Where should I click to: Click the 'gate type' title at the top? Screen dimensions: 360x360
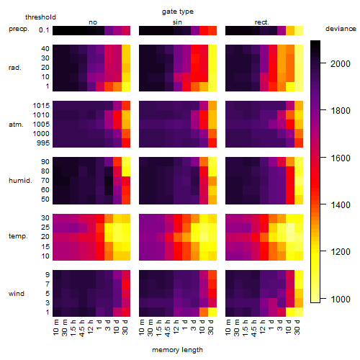click(x=178, y=12)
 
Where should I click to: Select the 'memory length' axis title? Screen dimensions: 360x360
click(x=177, y=350)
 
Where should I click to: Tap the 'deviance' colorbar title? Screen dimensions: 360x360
click(x=341, y=29)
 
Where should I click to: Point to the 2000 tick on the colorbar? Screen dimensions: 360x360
click(x=341, y=64)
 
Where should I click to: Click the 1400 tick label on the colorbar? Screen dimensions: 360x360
click(x=341, y=205)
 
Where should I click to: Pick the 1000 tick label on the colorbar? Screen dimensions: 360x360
click(x=341, y=300)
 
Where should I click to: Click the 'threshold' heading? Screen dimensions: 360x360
click(x=40, y=17)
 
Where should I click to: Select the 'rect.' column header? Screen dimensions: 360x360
click(x=261, y=22)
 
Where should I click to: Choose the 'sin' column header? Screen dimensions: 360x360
click(x=177, y=22)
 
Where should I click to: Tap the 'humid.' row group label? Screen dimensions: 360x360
click(x=20, y=181)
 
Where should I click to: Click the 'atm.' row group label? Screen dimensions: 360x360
click(x=16, y=125)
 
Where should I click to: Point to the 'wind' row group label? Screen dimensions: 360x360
click(x=17, y=294)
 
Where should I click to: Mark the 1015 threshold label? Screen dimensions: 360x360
click(x=41, y=106)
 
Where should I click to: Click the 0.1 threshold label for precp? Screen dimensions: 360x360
click(x=44, y=30)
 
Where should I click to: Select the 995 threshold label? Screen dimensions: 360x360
click(x=43, y=143)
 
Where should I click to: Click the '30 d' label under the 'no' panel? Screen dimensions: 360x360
click(x=125, y=327)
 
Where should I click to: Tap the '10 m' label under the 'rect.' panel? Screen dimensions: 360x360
click(x=228, y=327)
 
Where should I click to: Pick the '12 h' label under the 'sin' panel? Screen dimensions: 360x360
click(x=176, y=327)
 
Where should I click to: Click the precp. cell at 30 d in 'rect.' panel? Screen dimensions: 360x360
click(x=299, y=30)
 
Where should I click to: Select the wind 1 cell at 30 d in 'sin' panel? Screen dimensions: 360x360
click(x=212, y=312)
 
